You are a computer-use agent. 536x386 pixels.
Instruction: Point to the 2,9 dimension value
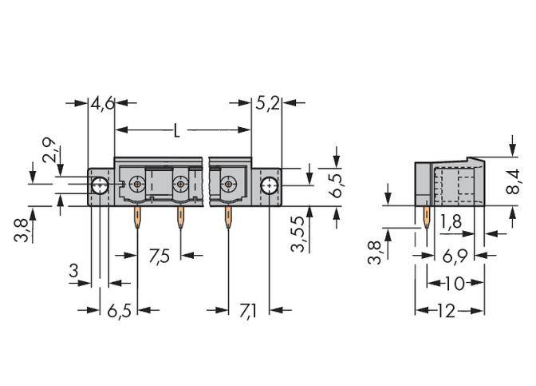pos(49,149)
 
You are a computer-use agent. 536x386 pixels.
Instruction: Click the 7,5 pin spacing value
pos(160,257)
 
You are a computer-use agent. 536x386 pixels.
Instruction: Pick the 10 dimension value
pos(455,283)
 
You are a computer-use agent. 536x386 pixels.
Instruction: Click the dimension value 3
pos(73,271)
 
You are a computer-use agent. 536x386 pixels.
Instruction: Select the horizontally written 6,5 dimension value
pos(119,309)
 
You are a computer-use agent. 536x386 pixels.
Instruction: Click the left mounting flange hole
pos(100,186)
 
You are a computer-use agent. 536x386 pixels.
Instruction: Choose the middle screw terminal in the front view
pos(181,185)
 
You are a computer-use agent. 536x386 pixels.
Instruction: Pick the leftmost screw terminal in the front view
pos(138,185)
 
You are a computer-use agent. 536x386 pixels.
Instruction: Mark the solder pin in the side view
pos(425,220)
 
